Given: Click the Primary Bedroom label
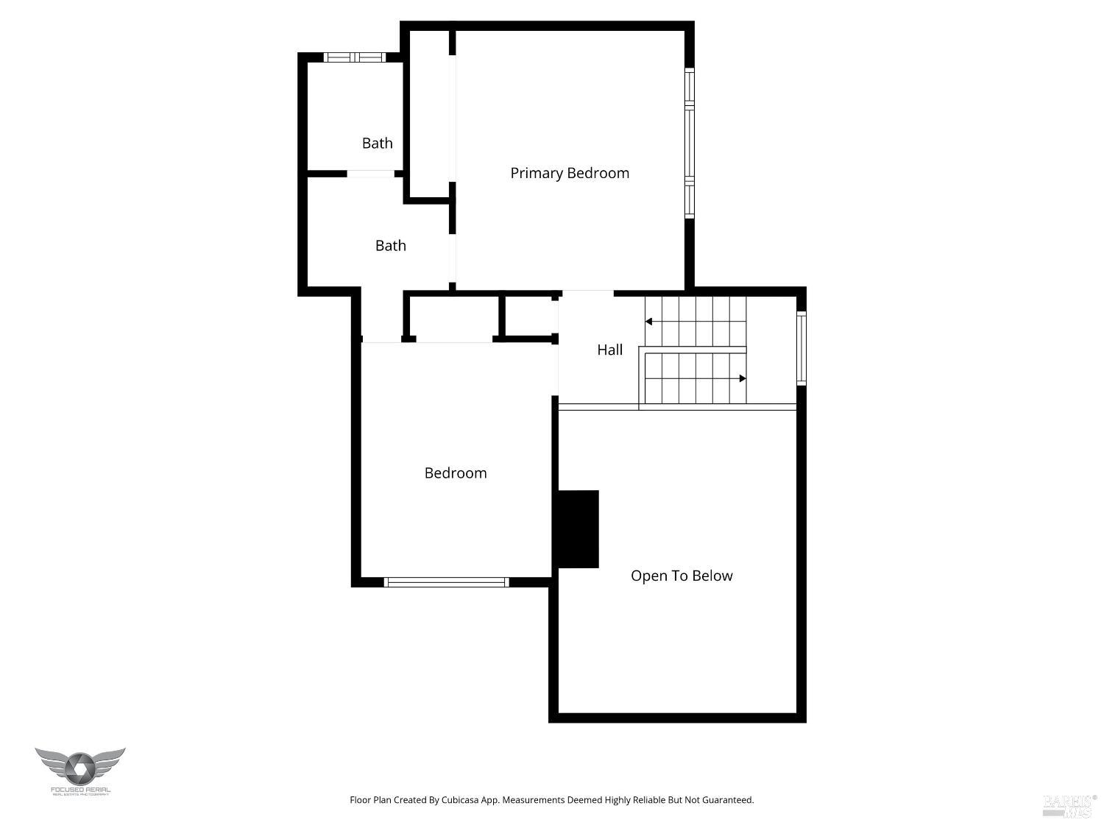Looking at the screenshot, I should click(570, 173).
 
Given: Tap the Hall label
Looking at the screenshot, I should click(609, 350).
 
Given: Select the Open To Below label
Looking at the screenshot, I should click(682, 576).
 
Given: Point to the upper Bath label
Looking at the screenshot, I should click(377, 143).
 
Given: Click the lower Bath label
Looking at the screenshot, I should click(390, 245).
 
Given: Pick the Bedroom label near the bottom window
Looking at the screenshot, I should click(456, 473).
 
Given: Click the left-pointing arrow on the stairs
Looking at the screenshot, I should click(648, 322).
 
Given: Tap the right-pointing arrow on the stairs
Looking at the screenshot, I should click(743, 378).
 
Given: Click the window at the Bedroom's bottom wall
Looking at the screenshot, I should click(446, 582).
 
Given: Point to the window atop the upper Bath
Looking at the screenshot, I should click(355, 57).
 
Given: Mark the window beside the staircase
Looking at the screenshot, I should click(802, 348).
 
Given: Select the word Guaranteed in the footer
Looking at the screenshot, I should click(726, 800).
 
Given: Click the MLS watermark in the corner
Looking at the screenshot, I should click(1069, 805).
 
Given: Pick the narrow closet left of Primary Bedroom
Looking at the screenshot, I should click(429, 114).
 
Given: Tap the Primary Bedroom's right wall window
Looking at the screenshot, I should click(690, 144).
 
